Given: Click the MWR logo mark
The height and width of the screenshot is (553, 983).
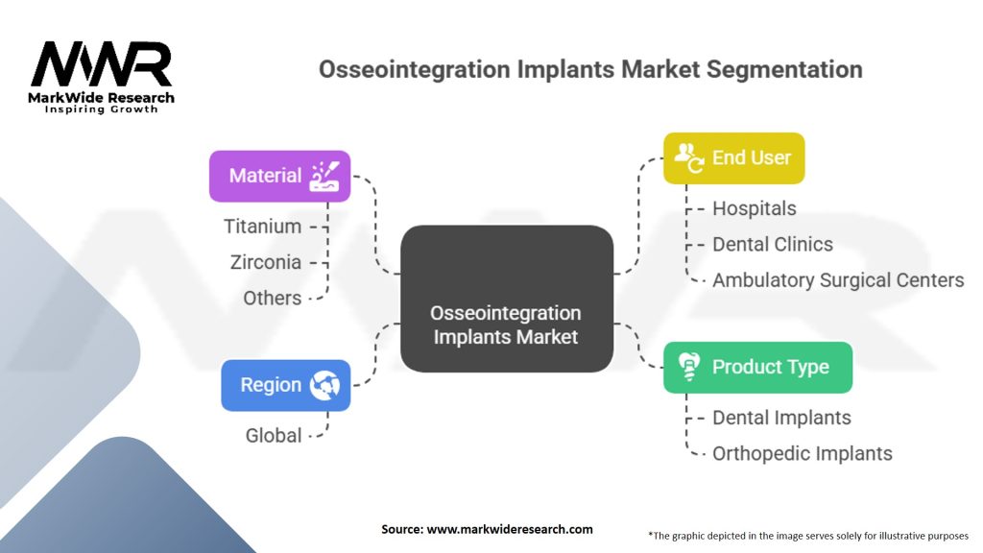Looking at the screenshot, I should (x=100, y=65).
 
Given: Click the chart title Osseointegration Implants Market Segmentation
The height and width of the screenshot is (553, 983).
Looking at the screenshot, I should (x=589, y=69).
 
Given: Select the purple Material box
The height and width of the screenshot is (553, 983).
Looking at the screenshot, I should (x=279, y=176).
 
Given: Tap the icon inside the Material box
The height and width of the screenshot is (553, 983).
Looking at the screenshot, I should (x=324, y=176).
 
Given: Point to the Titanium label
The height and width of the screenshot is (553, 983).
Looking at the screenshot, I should (x=262, y=227).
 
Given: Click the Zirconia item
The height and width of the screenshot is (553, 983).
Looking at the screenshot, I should (x=265, y=262).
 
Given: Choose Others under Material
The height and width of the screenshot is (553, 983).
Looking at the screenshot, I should (x=272, y=298).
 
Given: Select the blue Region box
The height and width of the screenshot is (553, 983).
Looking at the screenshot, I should (x=285, y=385).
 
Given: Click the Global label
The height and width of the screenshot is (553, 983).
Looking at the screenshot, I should (x=274, y=435).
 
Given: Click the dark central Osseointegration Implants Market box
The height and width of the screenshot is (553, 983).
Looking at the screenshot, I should (x=506, y=298).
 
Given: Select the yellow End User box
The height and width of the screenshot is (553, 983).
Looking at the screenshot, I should (x=733, y=157).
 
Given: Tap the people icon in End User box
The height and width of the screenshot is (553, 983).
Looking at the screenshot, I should (x=689, y=156).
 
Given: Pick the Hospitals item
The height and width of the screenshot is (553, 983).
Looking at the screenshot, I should (x=754, y=208).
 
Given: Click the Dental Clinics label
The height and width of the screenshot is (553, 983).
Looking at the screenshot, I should (x=772, y=244).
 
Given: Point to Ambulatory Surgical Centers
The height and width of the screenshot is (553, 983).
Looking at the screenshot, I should (x=837, y=280).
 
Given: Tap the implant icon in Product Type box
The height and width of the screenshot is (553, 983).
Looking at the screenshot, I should (x=687, y=368).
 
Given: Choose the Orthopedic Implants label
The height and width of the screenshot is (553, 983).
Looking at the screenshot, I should (x=802, y=453).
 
